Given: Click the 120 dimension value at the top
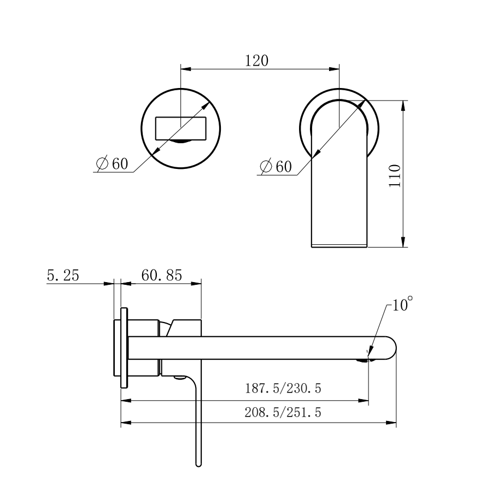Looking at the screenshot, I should coord(256,60).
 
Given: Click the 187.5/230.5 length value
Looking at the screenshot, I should coord(283,389).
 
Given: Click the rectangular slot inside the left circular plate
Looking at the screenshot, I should coord(181,128).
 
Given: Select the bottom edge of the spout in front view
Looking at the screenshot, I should coord(339,247).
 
